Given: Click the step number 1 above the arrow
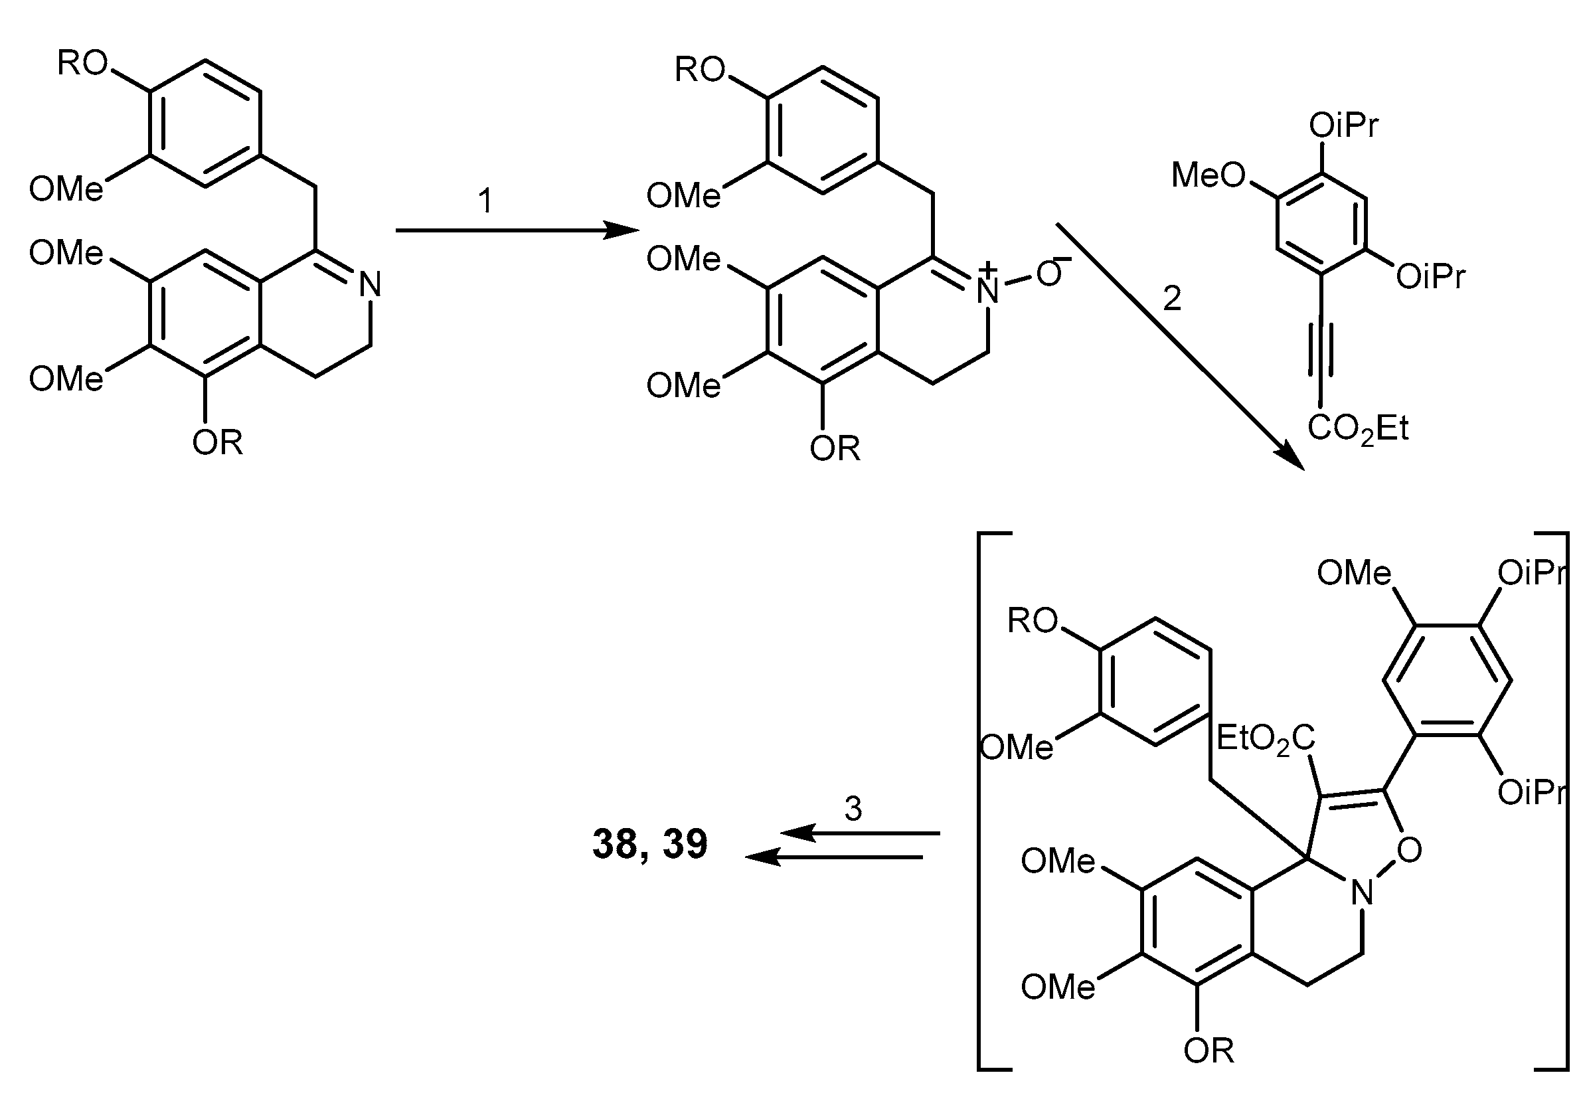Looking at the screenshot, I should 485,202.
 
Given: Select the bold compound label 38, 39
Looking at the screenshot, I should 649,844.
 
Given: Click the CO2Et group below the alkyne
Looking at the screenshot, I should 1357,430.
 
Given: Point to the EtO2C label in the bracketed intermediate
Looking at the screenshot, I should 1265,740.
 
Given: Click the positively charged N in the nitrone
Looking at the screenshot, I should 987,290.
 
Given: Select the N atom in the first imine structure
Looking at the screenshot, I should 371,285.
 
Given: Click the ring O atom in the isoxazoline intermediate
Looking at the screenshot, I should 1409,851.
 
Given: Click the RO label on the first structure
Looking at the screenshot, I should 82,64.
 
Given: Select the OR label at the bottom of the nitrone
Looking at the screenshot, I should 835,449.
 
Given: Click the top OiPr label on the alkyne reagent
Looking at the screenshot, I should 1343,126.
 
